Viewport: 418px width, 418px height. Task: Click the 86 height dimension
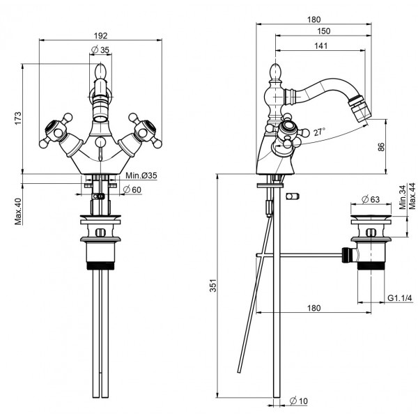[x=399, y=148]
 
